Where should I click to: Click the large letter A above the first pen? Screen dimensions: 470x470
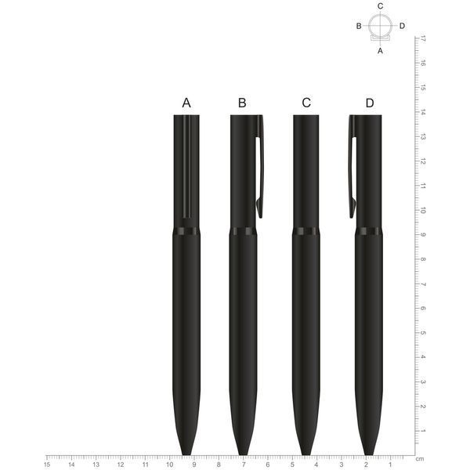(186, 103)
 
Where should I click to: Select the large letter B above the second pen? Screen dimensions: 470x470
(242, 103)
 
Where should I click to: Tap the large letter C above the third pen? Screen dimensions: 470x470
(306, 103)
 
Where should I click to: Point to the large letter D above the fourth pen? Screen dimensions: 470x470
(370, 103)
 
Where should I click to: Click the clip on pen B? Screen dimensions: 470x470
(259, 168)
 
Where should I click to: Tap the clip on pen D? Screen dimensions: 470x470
(352, 168)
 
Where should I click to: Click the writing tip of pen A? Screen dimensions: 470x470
(186, 454)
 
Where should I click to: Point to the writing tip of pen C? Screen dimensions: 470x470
(306, 454)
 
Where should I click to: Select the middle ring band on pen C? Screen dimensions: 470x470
(306, 231)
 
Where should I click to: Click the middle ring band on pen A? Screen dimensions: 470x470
(186, 231)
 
